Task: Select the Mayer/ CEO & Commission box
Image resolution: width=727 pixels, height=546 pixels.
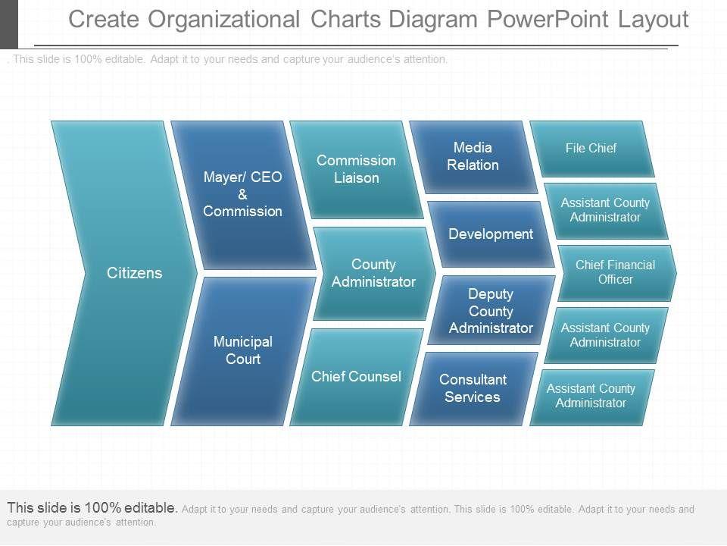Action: pyautogui.click(x=242, y=194)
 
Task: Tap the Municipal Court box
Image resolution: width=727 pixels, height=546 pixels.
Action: pyautogui.click(x=242, y=350)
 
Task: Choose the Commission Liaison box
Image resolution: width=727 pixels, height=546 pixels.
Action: pyautogui.click(x=356, y=169)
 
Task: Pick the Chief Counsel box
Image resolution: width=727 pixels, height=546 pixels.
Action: pyautogui.click(x=356, y=377)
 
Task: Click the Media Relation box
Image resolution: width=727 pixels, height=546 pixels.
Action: pyautogui.click(x=473, y=156)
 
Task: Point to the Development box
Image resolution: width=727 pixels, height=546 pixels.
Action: pyautogui.click(x=491, y=234)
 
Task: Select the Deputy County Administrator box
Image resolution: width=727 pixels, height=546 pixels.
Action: pyautogui.click(x=491, y=311)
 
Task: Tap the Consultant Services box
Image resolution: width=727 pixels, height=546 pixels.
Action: pyautogui.click(x=473, y=388)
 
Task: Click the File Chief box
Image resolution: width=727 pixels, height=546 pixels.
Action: pyautogui.click(x=591, y=149)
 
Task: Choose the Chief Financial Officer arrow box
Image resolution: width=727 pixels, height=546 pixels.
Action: pyautogui.click(x=615, y=272)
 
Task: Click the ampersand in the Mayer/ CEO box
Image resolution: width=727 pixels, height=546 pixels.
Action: pyautogui.click(x=242, y=194)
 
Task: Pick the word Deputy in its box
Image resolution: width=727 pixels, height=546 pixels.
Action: pyautogui.click(x=491, y=294)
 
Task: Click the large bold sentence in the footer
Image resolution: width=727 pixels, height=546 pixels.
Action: pyautogui.click(x=92, y=508)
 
